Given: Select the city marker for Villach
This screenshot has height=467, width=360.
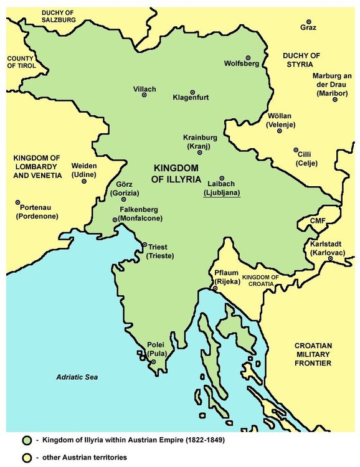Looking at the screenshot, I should (x=144, y=95).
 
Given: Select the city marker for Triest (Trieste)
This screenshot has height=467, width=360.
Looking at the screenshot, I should (x=144, y=245).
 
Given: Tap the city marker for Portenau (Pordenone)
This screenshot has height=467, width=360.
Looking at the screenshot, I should (x=17, y=202).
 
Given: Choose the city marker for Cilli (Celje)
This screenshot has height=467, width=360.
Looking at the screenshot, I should (x=296, y=150).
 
